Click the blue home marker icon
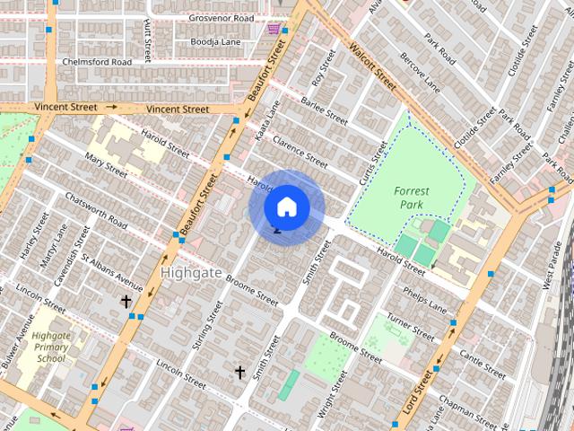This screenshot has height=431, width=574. pos(286,207)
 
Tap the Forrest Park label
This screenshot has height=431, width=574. pos(412,198)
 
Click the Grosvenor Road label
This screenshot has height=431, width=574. pos(221,18)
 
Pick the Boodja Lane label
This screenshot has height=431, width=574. pos(214,41)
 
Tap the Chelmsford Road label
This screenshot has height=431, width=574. pos(97,62)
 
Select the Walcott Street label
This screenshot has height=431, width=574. pos(373,64)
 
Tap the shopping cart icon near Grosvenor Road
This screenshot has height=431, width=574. pos(273,29)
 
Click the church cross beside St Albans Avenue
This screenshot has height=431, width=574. pos(126,302)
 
